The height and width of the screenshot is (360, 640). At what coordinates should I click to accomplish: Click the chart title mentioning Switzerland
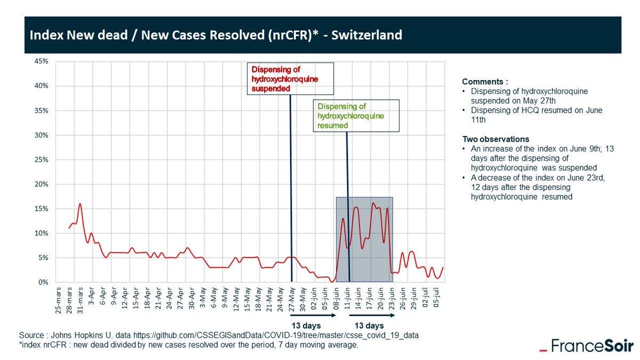(215, 36)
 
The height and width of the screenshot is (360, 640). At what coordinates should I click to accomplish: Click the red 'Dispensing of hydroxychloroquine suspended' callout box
(290, 78)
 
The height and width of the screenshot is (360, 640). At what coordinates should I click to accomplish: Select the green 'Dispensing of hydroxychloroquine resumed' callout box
(355, 116)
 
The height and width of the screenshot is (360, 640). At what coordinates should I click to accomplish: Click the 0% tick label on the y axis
(44, 282)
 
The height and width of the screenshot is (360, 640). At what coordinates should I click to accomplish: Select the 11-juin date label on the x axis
(347, 302)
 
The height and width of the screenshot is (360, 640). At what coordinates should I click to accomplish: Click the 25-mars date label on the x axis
(59, 302)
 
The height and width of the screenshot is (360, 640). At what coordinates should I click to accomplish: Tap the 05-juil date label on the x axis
(437, 302)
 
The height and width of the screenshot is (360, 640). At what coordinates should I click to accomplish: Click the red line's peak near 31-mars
(80, 204)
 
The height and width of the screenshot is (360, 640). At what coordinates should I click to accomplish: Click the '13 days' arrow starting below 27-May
(313, 316)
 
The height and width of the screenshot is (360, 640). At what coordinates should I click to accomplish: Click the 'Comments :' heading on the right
(485, 82)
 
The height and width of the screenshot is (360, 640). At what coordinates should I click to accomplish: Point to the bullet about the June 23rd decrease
(539, 187)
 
